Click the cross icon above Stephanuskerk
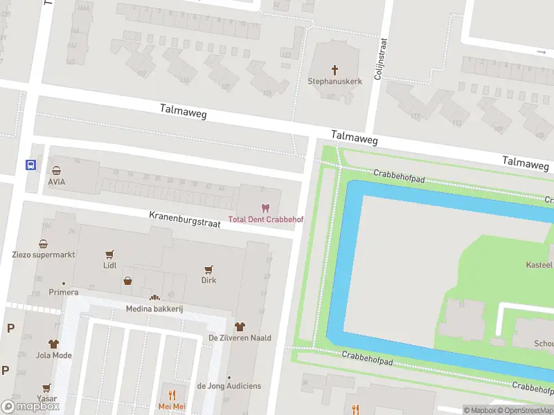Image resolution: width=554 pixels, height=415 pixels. click(335, 69)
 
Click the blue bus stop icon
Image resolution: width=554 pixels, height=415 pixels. click(30, 165)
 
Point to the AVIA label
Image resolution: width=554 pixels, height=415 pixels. click(57, 181)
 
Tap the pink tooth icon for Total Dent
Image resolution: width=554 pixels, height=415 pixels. click(264, 207)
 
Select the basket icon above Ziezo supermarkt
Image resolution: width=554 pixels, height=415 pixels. click(44, 243)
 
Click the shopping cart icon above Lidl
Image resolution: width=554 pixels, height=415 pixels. click(109, 255)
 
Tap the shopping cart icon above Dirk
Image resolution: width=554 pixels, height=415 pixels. click(208, 269)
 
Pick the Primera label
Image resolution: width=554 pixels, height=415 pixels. click(64, 292)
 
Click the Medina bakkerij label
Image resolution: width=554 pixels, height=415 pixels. click(154, 308)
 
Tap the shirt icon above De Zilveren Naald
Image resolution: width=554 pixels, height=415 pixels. click(240, 326)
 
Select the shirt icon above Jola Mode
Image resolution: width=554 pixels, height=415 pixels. click(53, 344)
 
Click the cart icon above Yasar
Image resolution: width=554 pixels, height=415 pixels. click(46, 388)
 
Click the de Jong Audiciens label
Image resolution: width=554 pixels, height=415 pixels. click(229, 386)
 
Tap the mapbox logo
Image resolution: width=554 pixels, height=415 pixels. click(30, 407)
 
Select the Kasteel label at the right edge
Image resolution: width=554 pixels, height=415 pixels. click(539, 265)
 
